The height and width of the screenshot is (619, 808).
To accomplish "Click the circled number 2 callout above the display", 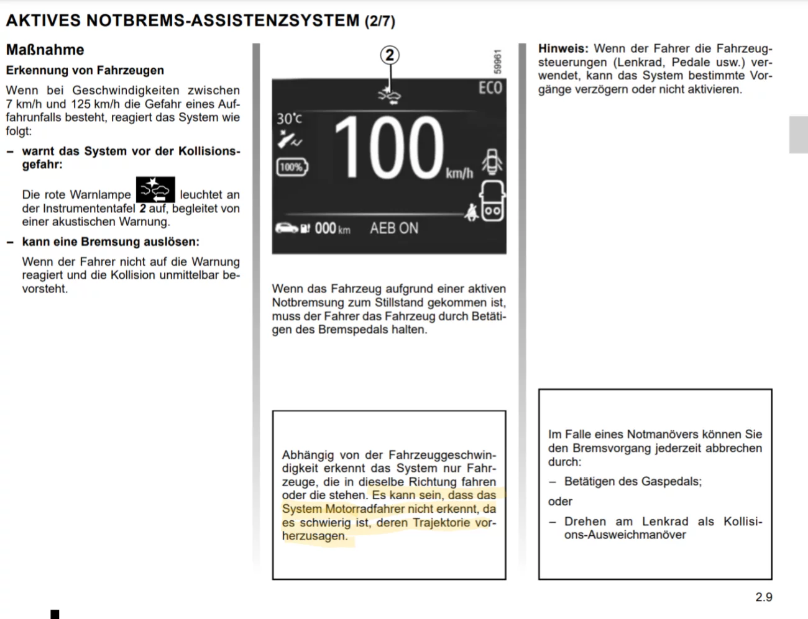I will point(390,55).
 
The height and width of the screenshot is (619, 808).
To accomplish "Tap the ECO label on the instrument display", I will point(490,88).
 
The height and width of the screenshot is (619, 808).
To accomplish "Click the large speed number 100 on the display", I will point(389,149).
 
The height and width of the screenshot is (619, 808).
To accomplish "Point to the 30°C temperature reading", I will point(289,118).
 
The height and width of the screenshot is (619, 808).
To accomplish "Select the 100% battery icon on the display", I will point(292,167).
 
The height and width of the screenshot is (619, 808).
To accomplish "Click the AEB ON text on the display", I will point(394,228).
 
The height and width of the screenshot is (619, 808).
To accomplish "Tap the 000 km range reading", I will point(332,228).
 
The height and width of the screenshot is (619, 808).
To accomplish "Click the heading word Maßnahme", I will point(45,50).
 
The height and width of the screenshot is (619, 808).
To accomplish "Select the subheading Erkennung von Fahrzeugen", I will point(85,70).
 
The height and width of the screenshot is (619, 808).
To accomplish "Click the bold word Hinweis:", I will point(563,48).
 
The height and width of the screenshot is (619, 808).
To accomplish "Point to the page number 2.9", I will point(764,597).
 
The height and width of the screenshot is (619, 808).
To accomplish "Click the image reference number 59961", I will point(497,63).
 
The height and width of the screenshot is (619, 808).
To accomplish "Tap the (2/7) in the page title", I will point(380,21).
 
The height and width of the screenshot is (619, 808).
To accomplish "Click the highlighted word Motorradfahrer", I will point(365,508).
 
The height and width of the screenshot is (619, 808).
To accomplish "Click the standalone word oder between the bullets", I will point(560,501).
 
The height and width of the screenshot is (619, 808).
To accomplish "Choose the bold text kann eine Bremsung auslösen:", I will point(111,242).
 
